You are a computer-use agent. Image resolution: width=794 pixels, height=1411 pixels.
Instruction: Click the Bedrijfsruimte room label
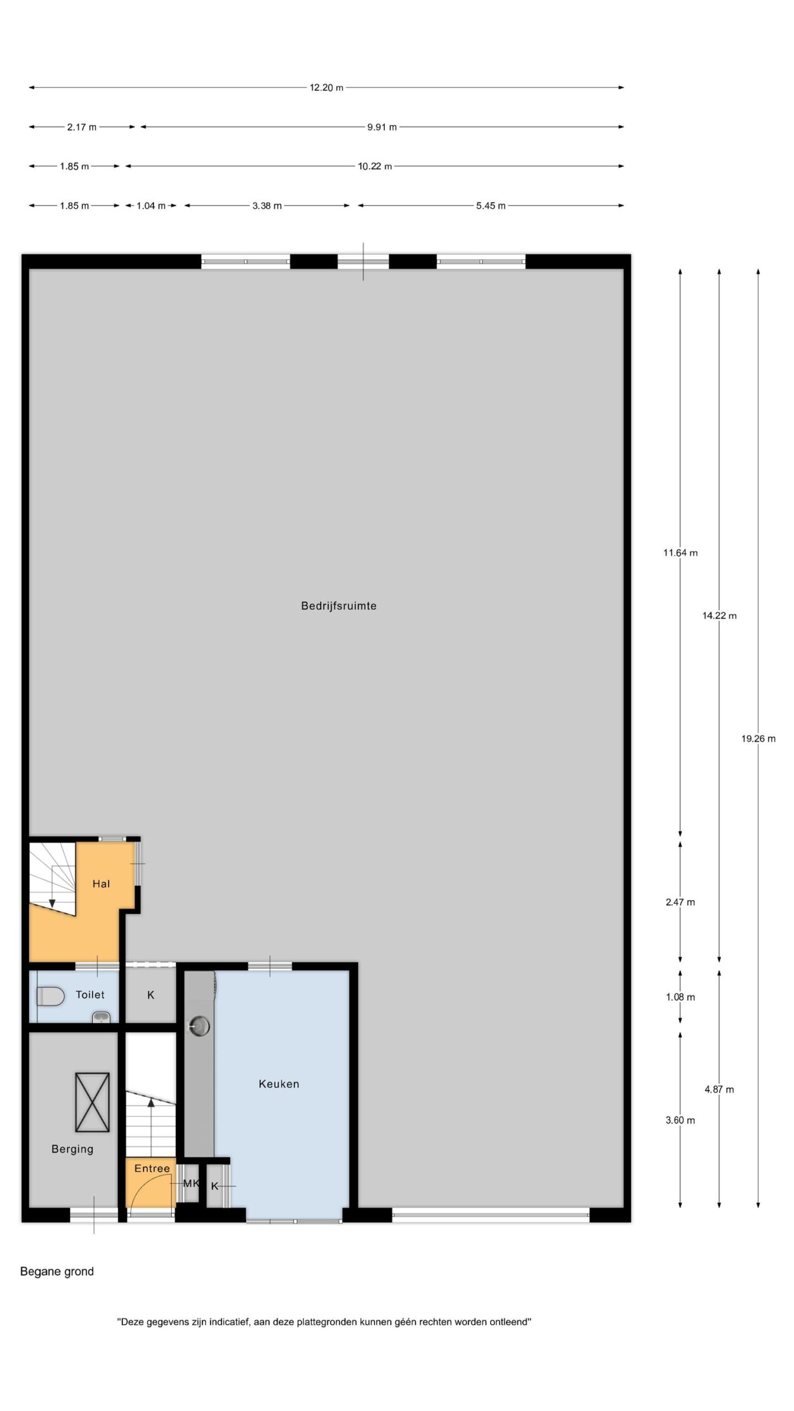point(339,606)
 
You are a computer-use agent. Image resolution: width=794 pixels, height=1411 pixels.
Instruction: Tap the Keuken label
point(279,1084)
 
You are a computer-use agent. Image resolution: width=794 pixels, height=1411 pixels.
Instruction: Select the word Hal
point(101,884)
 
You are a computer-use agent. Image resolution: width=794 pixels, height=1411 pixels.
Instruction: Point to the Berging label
point(72,1149)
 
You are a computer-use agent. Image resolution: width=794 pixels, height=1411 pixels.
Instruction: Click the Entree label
point(152,1168)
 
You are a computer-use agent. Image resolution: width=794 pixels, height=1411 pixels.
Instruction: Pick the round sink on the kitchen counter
point(199,1026)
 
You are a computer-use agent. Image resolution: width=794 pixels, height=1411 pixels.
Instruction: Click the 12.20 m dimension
point(326,88)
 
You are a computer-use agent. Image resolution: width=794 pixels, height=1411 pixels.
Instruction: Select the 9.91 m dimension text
point(382,127)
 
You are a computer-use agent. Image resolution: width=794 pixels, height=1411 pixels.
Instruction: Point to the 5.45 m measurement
point(491,206)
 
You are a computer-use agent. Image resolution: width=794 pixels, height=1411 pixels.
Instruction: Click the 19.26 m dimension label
point(758,739)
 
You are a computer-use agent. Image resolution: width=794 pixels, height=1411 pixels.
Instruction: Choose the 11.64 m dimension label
point(680,553)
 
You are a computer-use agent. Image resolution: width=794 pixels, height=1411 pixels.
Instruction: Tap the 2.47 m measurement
point(680,902)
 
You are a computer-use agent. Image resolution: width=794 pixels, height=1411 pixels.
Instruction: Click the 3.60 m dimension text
point(680,1121)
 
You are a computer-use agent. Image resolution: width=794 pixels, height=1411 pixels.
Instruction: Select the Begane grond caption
point(57,1272)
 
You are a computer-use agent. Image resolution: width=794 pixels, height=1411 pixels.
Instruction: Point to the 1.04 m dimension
point(151,206)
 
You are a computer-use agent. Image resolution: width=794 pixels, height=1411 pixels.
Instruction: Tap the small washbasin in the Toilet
point(101,1017)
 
